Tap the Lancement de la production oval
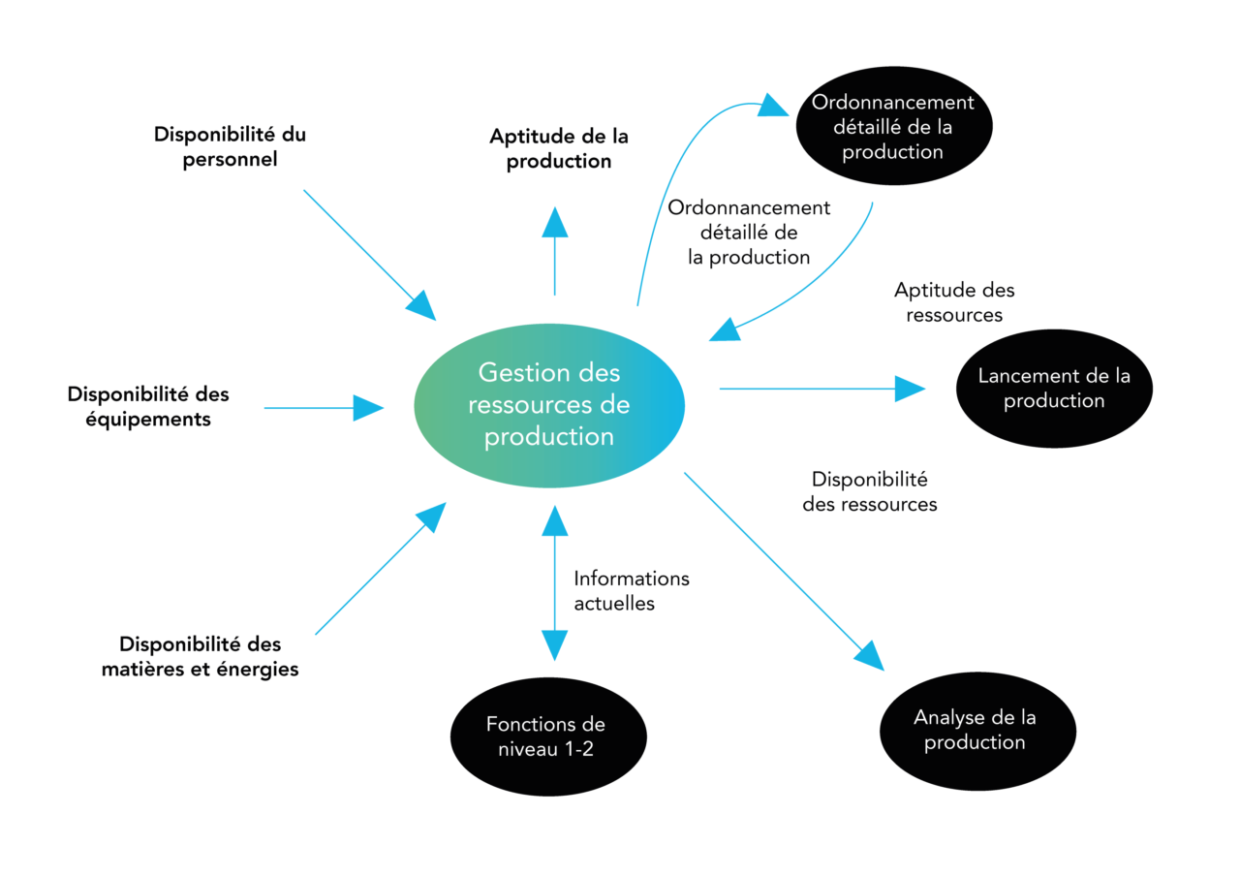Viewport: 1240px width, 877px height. click(1054, 388)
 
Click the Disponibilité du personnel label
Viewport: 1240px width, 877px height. click(231, 146)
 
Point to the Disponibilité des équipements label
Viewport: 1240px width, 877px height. click(148, 407)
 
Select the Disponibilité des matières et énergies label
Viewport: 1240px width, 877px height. click(201, 656)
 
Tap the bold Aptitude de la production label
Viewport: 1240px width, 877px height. click(559, 148)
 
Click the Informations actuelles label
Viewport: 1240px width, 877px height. click(631, 590)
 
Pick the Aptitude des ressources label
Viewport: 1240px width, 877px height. click(954, 301)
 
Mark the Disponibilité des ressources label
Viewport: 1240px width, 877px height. click(870, 491)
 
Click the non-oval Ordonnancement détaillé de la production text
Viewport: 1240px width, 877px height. click(749, 233)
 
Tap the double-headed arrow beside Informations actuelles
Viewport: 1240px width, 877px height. click(554, 581)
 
